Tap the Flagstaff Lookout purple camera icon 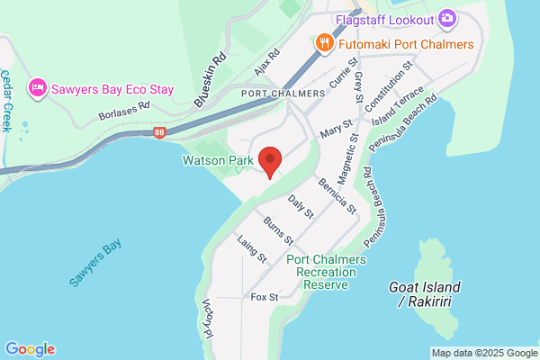447,18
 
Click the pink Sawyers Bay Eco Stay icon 37,88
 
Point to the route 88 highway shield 159,132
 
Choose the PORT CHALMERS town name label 283,94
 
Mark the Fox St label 265,296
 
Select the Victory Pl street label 206,319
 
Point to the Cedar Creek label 8,100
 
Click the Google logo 30,349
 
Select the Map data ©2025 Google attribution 483,353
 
